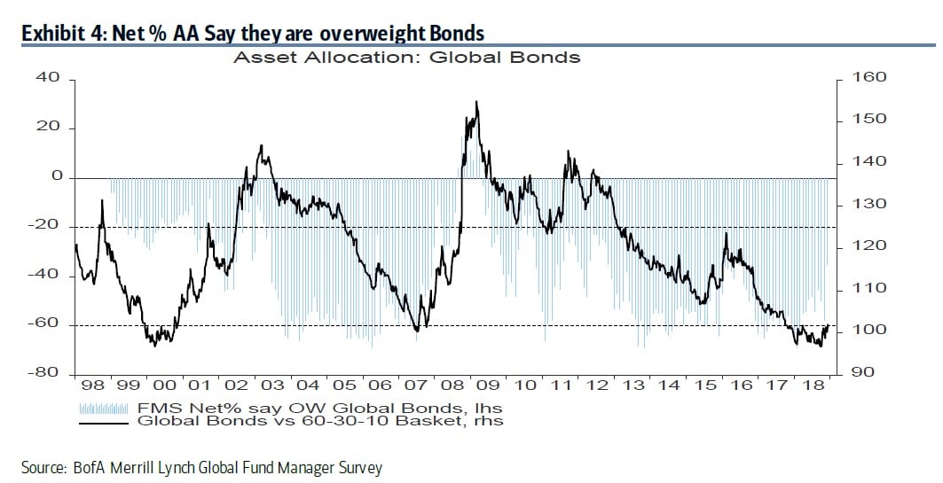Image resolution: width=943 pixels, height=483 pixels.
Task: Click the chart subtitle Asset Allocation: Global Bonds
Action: [x=405, y=58]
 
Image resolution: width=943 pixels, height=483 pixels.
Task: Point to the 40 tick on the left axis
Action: [x=50, y=78]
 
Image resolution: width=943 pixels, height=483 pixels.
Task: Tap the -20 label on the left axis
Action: [x=47, y=225]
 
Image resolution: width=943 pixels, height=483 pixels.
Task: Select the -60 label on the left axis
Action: [x=47, y=323]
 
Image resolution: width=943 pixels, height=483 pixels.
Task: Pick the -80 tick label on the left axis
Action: [x=47, y=373]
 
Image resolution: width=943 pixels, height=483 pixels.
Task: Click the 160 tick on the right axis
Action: [x=868, y=78]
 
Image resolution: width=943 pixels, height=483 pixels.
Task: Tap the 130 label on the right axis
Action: [x=868, y=204]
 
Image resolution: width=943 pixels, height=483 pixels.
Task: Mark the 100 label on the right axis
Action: [x=868, y=330]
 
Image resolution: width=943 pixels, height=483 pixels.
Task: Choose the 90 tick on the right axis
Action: [x=864, y=372]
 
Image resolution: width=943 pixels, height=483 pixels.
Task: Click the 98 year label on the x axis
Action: [x=92, y=386]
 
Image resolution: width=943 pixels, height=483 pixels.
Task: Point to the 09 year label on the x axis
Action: [x=488, y=386]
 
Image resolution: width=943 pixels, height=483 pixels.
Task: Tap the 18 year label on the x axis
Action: [x=812, y=386]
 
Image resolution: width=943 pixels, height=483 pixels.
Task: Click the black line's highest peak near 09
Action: [x=476, y=103]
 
